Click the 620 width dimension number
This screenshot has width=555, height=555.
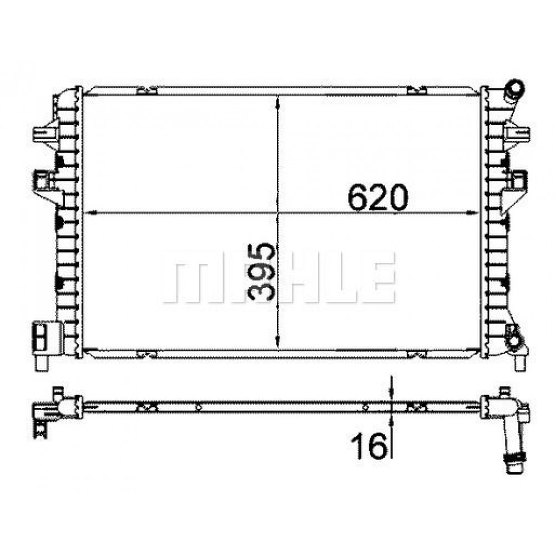(x=377, y=198)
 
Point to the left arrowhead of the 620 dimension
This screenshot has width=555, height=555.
(x=92, y=213)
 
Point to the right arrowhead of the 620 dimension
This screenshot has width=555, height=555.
(x=472, y=213)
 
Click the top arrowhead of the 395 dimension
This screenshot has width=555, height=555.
(x=278, y=102)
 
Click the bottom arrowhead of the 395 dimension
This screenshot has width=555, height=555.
(x=278, y=342)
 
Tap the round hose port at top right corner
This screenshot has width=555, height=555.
(x=515, y=87)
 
